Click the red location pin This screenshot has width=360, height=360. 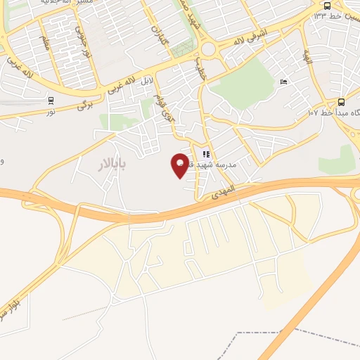pos(181,165)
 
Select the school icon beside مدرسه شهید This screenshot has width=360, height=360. pos(206,154)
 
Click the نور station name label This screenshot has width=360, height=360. pos(51,112)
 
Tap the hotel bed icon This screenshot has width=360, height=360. pos(284,83)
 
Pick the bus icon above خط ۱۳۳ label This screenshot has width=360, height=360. pos(327,6)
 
